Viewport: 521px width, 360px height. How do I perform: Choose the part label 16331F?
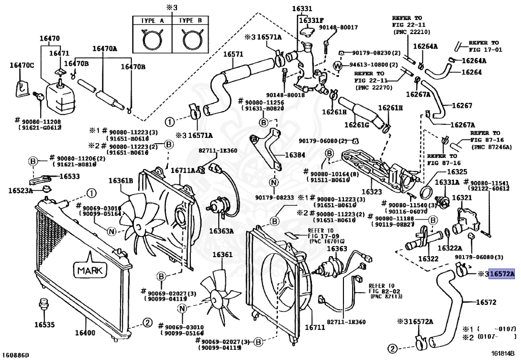coord(310,20)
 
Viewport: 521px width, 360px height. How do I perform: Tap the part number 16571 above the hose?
coord(234,54)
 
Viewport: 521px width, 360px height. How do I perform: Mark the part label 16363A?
coord(223,231)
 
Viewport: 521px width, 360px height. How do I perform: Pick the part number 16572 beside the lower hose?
coord(486,302)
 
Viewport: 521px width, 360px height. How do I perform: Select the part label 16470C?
coord(22,65)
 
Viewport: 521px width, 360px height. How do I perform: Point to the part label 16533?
coord(70,176)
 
